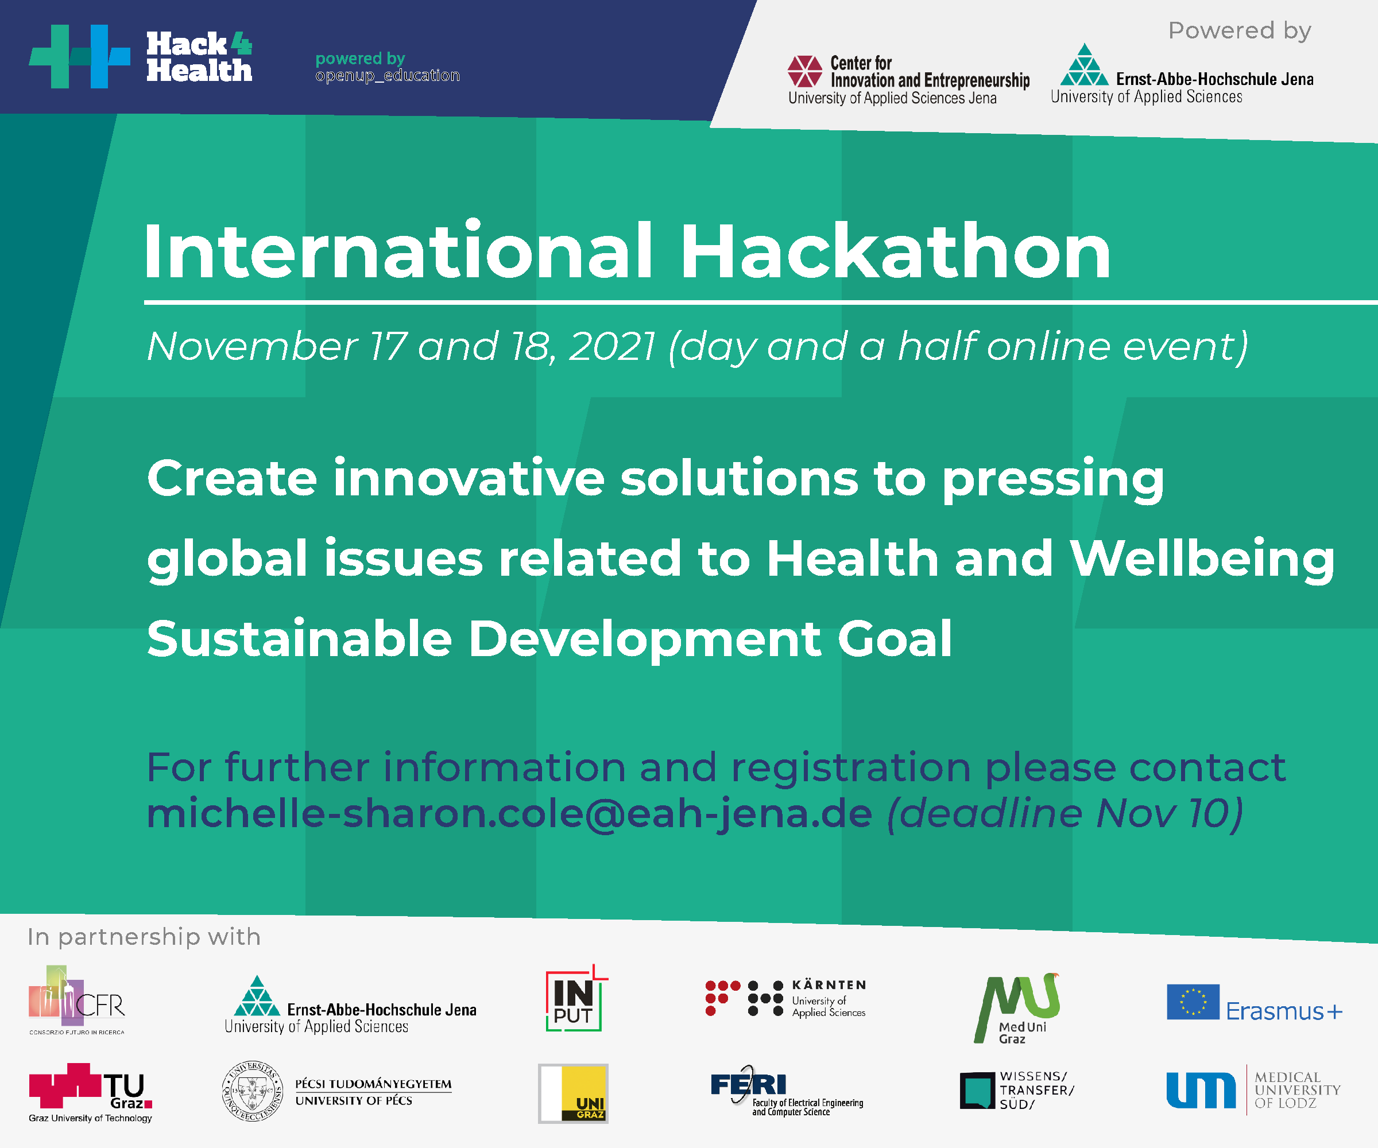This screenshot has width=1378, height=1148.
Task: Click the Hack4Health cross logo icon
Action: pyautogui.click(x=79, y=56)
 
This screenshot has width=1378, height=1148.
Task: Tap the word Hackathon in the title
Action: pyautogui.click(x=896, y=251)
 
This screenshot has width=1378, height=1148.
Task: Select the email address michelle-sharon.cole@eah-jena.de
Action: pyautogui.click(x=509, y=814)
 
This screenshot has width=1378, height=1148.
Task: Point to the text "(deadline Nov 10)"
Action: pyautogui.click(x=1065, y=814)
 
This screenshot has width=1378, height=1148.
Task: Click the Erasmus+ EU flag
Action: pyautogui.click(x=1193, y=1002)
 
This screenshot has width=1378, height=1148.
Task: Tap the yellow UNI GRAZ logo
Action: pyautogui.click(x=573, y=1093)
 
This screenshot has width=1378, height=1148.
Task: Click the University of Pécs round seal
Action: pyautogui.click(x=253, y=1091)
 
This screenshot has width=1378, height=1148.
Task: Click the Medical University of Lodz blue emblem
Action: pyautogui.click(x=1201, y=1090)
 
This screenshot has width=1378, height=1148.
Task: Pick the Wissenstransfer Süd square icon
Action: pyautogui.click(x=978, y=1090)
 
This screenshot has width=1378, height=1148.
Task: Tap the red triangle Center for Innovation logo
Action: pyautogui.click(x=805, y=72)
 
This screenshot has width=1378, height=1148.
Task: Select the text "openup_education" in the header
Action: pyautogui.click(x=387, y=75)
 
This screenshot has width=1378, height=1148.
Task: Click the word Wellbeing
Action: pyautogui.click(x=1202, y=559)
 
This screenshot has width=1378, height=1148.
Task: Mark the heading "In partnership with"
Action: pyautogui.click(x=144, y=937)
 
